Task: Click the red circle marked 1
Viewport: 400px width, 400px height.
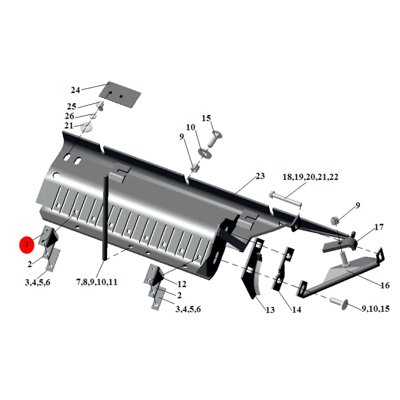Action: pyautogui.click(x=27, y=245)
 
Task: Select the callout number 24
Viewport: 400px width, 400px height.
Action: pyautogui.click(x=75, y=90)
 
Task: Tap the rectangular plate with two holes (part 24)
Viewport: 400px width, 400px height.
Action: pyautogui.click(x=120, y=95)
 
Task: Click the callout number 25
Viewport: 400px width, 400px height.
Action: pyautogui.click(x=72, y=106)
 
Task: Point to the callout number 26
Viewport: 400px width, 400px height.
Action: pyautogui.click(x=69, y=116)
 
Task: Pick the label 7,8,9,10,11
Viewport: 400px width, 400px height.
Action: pyautogui.click(x=97, y=282)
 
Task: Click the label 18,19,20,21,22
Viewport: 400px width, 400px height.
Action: pyautogui.click(x=310, y=177)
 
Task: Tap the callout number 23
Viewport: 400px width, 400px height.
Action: pyautogui.click(x=260, y=176)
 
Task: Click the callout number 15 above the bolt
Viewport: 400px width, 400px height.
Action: pyautogui.click(x=206, y=118)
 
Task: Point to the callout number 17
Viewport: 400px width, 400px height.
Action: pyautogui.click(x=379, y=227)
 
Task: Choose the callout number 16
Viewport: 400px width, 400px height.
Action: pyautogui.click(x=385, y=285)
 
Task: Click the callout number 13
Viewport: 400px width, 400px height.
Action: pyautogui.click(x=270, y=310)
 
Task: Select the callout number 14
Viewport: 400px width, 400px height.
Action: pyautogui.click(x=296, y=310)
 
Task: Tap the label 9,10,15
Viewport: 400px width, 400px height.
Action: pyautogui.click(x=376, y=309)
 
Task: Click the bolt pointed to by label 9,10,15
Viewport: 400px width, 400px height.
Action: pyautogui.click(x=339, y=303)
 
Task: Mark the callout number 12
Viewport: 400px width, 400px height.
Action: pyautogui.click(x=182, y=284)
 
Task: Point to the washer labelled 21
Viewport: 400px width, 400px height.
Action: pyautogui.click(x=86, y=127)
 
